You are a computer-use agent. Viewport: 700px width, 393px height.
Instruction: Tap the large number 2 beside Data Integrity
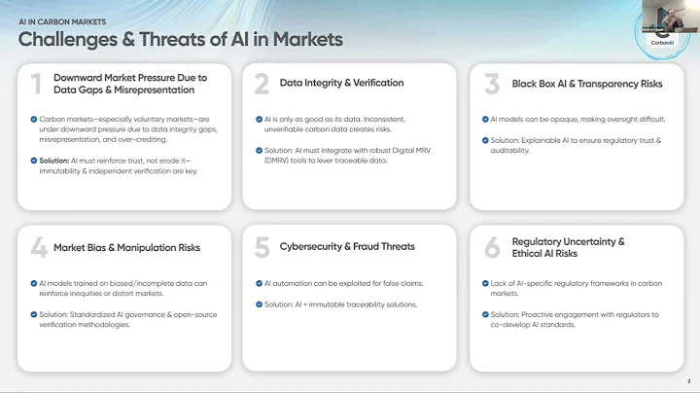tap(261, 84)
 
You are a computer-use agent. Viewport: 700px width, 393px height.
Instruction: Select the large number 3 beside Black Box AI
tap(492, 84)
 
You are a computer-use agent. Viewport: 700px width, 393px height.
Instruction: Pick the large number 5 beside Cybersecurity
tap(262, 247)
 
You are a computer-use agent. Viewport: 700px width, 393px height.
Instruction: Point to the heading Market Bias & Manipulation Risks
tap(126, 247)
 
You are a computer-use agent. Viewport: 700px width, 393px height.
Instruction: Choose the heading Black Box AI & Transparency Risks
tap(574, 84)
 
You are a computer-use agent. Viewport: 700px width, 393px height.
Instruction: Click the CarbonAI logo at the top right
tap(662, 35)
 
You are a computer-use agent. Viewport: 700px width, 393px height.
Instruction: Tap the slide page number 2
tap(688, 381)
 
